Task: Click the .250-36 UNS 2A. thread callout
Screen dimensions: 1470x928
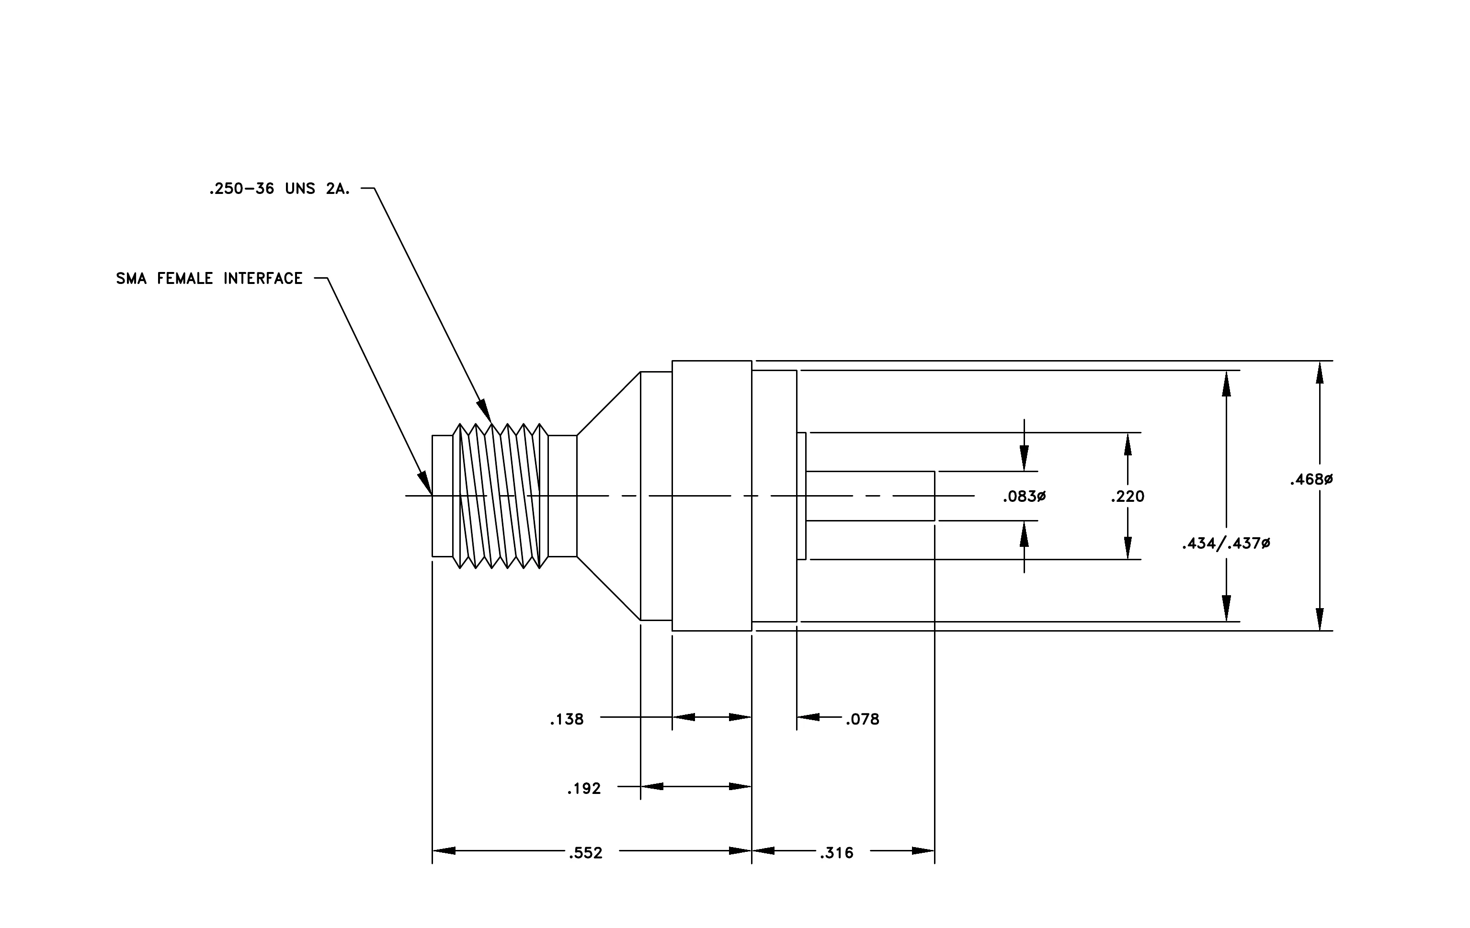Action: tap(280, 189)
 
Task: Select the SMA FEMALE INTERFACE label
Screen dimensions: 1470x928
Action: tap(209, 278)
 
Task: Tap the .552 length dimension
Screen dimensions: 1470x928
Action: tap(585, 853)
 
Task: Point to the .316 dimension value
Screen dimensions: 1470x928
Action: tap(836, 853)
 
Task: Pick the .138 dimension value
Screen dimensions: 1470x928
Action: tap(567, 719)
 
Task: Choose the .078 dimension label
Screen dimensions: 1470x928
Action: tap(863, 719)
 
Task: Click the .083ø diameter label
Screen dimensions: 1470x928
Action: tap(1025, 497)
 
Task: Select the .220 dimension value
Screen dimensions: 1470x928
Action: tap(1128, 497)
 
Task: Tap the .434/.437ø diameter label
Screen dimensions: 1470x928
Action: tap(1226, 543)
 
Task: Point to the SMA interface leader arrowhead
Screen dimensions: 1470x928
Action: tap(425, 483)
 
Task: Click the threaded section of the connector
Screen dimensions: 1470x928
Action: tap(501, 496)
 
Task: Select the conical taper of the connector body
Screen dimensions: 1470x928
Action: tap(609, 496)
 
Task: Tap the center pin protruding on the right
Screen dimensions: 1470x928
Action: tap(870, 496)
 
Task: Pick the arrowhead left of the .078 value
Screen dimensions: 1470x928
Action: tap(808, 717)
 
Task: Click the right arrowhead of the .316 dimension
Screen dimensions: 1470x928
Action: tap(923, 850)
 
